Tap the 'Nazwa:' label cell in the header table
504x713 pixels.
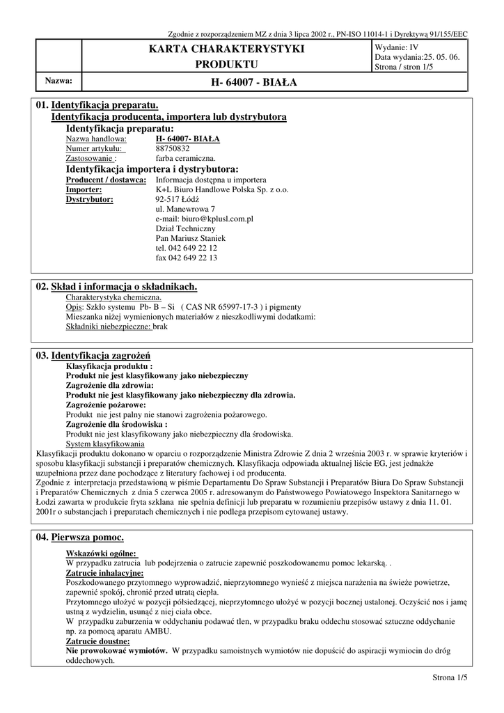click(x=58, y=81)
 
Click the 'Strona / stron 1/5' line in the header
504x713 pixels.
click(x=404, y=67)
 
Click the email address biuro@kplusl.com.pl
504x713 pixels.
click(x=204, y=218)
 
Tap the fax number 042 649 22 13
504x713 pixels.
click(x=187, y=257)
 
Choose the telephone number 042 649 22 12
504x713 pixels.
click(x=187, y=247)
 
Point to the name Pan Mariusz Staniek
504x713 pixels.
click(x=191, y=237)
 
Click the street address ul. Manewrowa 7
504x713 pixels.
click(x=185, y=208)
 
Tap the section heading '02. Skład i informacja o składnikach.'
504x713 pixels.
click(x=116, y=286)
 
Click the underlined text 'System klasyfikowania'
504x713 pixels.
click(x=105, y=444)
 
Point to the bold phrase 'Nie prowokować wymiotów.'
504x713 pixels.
click(x=116, y=650)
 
